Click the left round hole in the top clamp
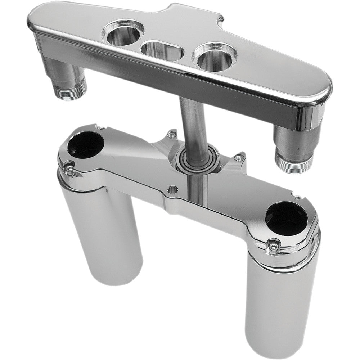[x=123, y=33]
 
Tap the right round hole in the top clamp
[x=215, y=58]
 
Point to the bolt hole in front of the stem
[x=173, y=189]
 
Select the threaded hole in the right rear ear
[x=238, y=157]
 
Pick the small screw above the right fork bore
[x=297, y=197]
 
